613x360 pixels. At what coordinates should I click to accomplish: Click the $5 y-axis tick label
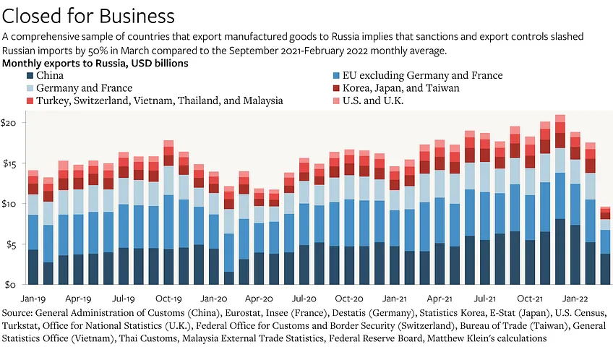[x=11, y=244]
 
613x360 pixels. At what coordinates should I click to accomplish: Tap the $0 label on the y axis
[x=11, y=285]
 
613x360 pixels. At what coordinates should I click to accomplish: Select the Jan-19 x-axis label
[x=33, y=298]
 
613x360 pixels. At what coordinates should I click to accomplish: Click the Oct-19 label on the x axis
[x=168, y=298]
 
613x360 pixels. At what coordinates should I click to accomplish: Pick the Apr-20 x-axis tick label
[x=258, y=298]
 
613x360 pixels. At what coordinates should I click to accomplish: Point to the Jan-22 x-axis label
[x=574, y=298]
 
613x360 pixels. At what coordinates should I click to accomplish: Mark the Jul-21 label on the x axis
[x=484, y=298]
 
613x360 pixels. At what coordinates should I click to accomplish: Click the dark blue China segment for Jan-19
[x=33, y=267]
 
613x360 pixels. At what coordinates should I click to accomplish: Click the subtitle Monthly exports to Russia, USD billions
[x=95, y=64]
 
